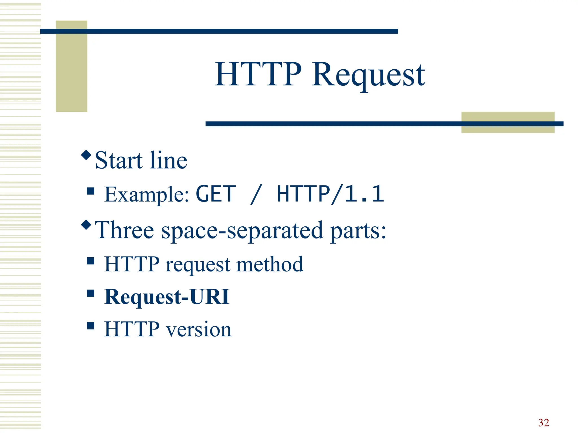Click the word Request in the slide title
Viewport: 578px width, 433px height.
click(x=368, y=75)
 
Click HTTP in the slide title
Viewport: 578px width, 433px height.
click(x=258, y=74)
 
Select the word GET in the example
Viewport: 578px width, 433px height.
click(x=216, y=194)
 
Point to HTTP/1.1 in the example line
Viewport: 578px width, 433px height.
click(x=330, y=194)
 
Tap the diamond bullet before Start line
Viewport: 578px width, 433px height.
click(x=86, y=155)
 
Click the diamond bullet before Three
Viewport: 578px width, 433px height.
click(x=86, y=225)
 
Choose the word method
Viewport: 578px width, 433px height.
click(x=270, y=264)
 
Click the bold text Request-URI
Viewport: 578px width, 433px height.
click(x=167, y=297)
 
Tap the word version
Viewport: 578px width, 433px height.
click(x=199, y=329)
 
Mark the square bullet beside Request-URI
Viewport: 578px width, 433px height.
click(x=91, y=293)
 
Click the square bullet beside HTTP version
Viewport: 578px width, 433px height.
click(x=91, y=326)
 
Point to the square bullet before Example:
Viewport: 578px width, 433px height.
click(x=91, y=191)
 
